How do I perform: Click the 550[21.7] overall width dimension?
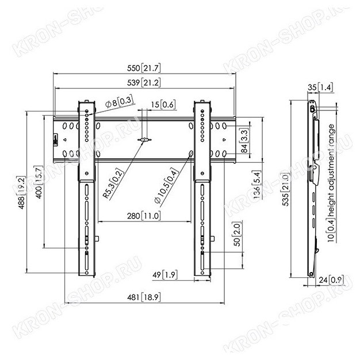144,68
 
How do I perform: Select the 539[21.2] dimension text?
144,83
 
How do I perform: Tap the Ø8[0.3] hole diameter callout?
120,102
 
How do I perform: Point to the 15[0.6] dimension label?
163,105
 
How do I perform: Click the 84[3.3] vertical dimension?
245,141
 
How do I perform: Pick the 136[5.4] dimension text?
256,185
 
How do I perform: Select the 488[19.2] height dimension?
21,193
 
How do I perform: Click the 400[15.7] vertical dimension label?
39,182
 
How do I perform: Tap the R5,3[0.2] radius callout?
113,183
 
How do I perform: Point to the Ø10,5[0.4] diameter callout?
166,186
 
